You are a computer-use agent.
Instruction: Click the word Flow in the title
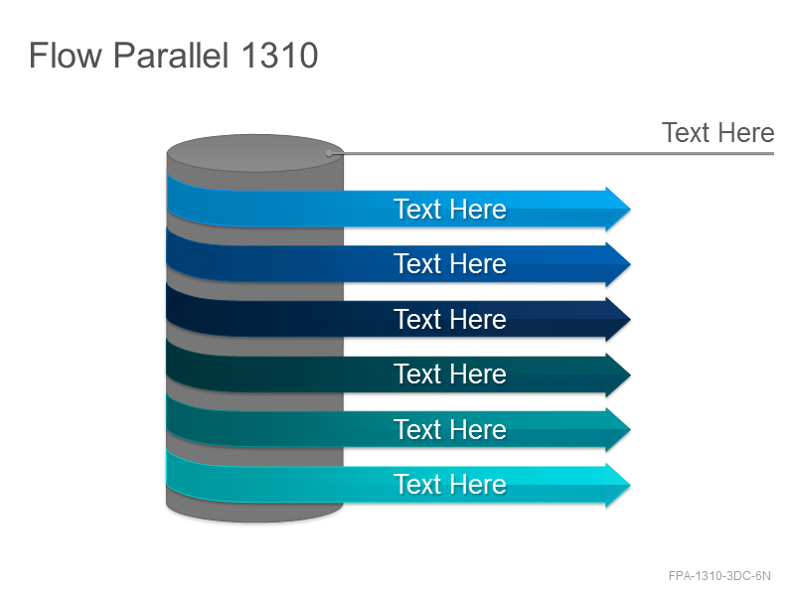[x=66, y=55]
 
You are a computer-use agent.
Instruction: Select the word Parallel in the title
[x=171, y=55]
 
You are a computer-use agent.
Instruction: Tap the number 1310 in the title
[x=279, y=56]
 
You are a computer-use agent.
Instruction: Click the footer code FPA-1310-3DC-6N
[x=719, y=576]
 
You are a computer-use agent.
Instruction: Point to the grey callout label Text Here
[x=717, y=133]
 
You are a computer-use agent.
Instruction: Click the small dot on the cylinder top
[x=329, y=153]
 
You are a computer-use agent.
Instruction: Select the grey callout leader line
[x=552, y=153]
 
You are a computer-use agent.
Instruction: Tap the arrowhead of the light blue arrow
[x=618, y=209]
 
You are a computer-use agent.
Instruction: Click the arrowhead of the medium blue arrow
[x=618, y=264]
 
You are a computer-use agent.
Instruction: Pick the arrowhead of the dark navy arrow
[x=618, y=319]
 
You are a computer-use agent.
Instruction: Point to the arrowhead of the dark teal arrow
[x=618, y=374]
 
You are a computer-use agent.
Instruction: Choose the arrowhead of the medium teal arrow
[x=618, y=430]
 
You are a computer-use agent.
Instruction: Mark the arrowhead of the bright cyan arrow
[x=618, y=485]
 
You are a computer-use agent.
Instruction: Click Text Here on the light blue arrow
[x=450, y=209]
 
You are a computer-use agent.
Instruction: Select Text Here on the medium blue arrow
[x=450, y=264]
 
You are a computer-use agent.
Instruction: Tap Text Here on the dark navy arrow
[x=450, y=319]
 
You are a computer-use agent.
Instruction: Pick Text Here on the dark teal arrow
[x=450, y=374]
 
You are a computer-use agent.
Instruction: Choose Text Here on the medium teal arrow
[x=450, y=430]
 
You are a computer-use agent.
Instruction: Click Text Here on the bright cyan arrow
[x=450, y=485]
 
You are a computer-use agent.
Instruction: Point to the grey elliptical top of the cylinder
[x=255, y=153]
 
